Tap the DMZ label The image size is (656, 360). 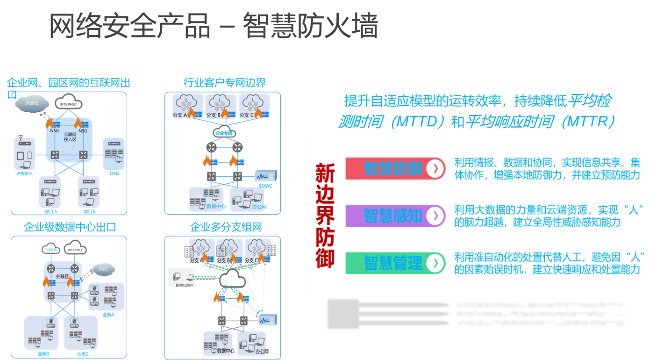(114, 174)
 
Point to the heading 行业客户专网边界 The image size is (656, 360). (224, 83)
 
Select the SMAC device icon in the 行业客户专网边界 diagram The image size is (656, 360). (265, 176)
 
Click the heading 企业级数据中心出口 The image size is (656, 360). (70, 227)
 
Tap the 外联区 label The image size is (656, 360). (62, 277)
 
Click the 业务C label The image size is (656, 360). (83, 354)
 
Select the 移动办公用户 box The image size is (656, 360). (183, 278)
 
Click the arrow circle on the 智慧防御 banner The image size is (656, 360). (435, 169)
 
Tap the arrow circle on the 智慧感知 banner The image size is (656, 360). (435, 216)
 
